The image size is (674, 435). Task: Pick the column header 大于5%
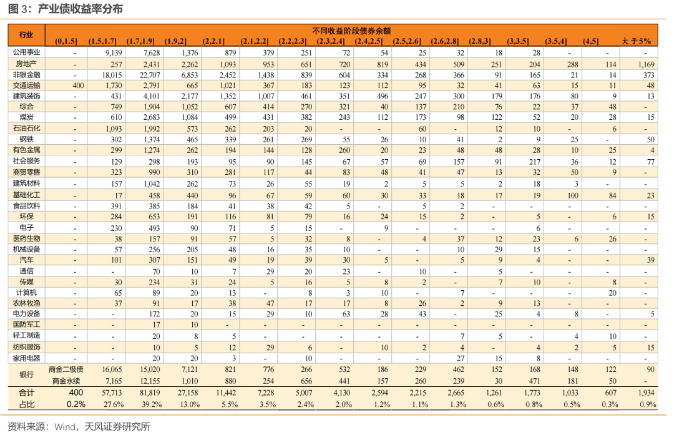(636, 41)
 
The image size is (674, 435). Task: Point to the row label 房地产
(26, 64)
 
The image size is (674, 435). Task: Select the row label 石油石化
(26, 129)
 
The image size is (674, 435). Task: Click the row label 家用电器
(26, 358)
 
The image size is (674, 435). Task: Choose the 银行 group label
(26, 374)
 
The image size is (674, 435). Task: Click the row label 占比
(26, 404)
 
